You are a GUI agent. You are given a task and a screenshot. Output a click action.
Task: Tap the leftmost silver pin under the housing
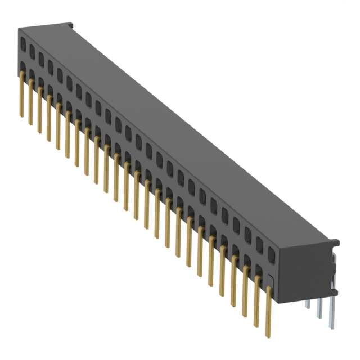pos(308,304)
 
